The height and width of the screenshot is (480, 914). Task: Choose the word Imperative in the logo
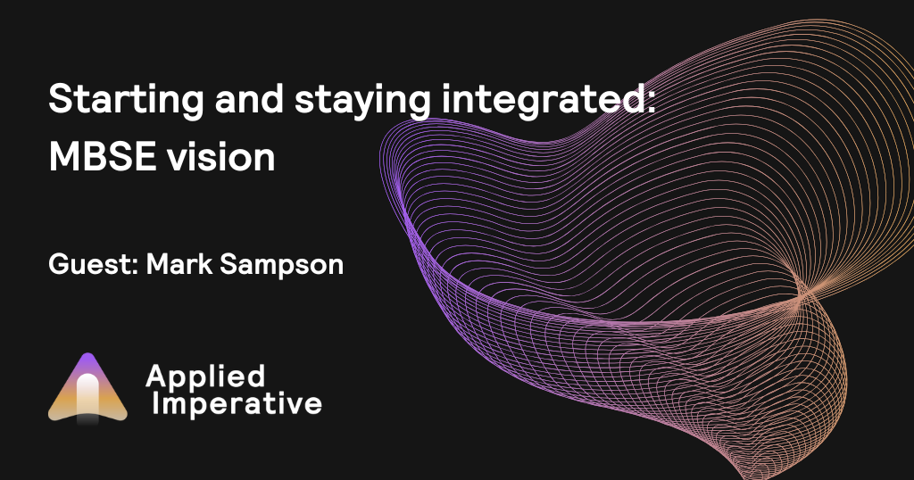(237, 404)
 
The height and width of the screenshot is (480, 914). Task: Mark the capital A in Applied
(157, 376)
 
